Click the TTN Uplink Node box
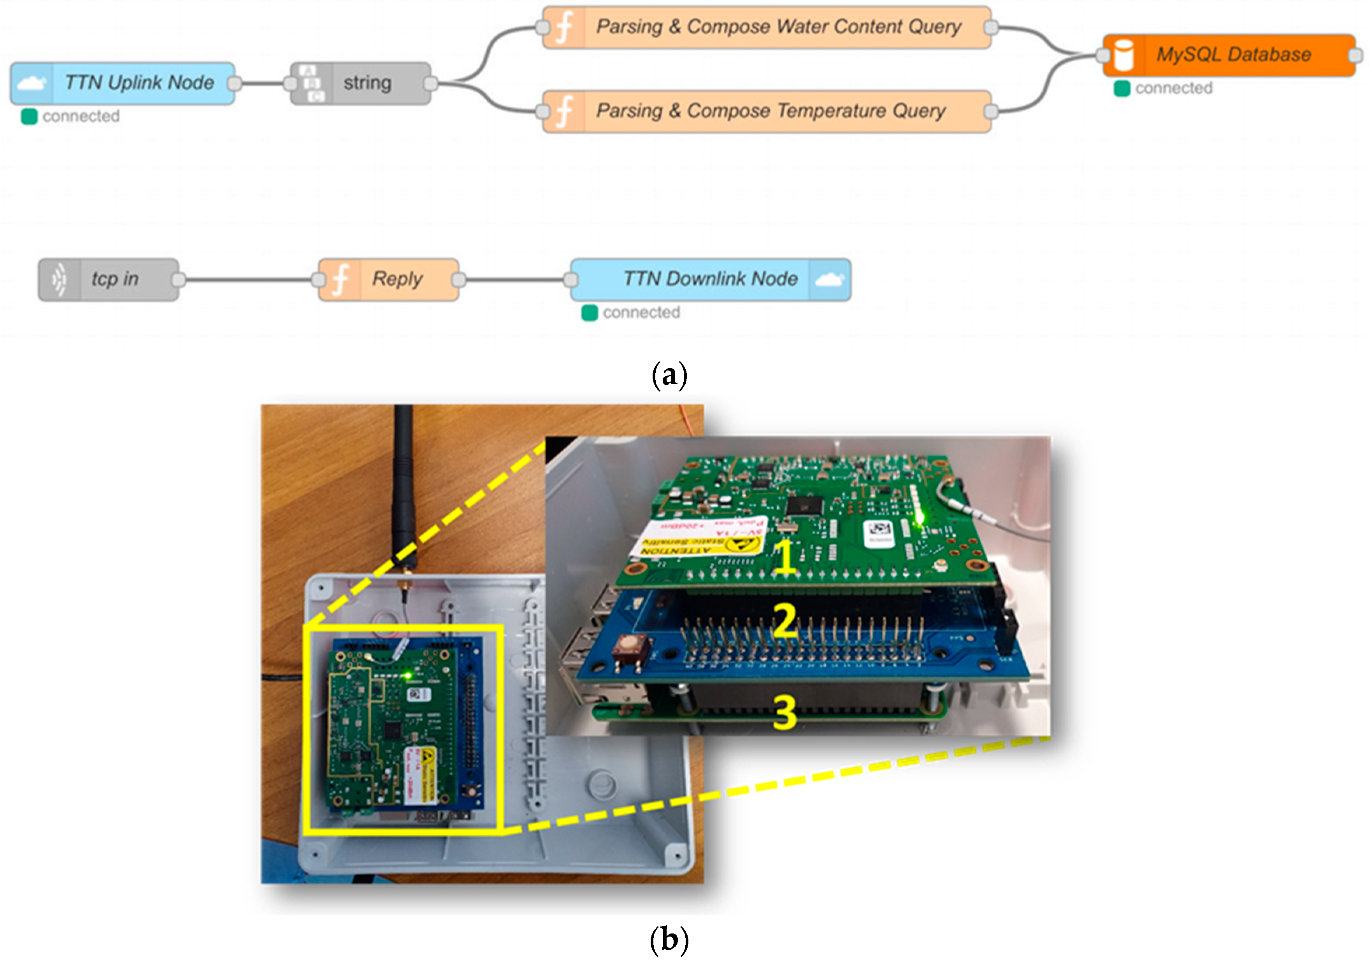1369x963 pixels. click(122, 84)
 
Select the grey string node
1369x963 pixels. click(361, 84)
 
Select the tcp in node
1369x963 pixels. click(109, 279)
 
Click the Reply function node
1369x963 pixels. click(389, 279)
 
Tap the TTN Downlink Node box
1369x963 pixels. click(709, 279)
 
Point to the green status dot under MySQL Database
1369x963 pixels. click(1122, 89)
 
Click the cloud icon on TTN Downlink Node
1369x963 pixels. click(830, 279)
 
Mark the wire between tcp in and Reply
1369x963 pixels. click(247, 279)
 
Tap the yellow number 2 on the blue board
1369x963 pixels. click(785, 620)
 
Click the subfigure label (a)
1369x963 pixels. click(669, 376)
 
